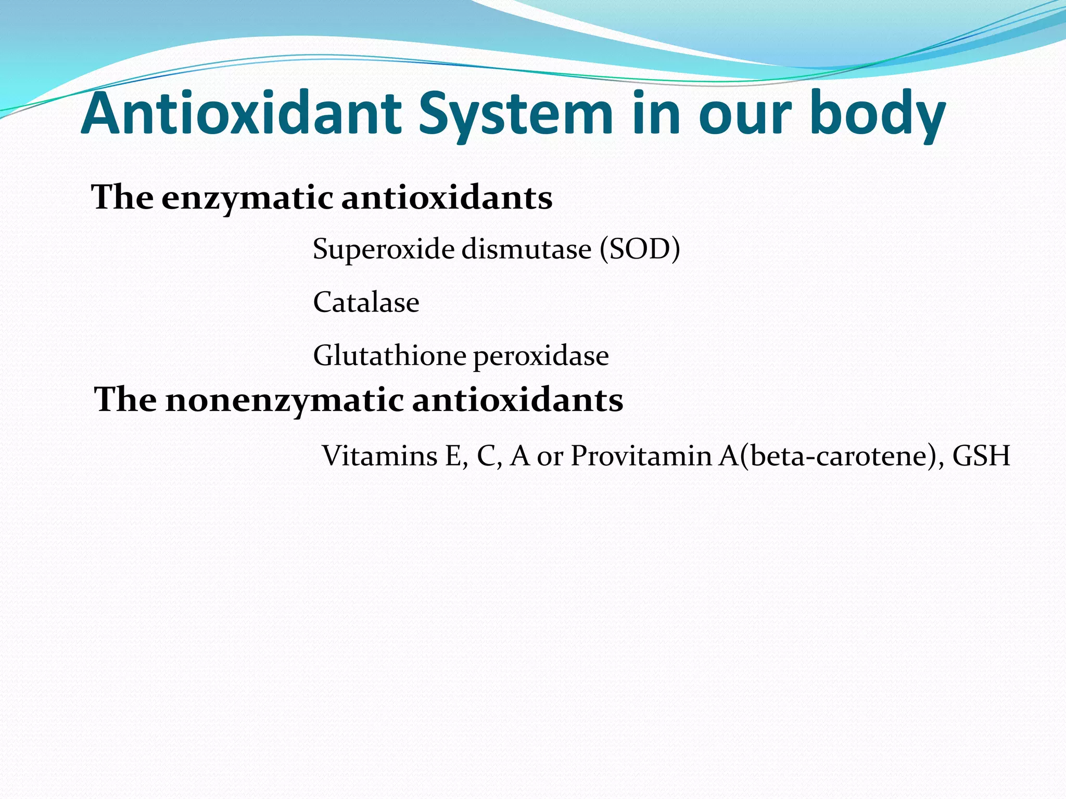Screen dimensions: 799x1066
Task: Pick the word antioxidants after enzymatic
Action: pyautogui.click(x=447, y=198)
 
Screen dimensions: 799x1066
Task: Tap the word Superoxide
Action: pyautogui.click(x=383, y=250)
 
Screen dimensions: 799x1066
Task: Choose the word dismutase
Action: pyautogui.click(x=526, y=249)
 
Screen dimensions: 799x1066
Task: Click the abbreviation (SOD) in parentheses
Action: pyautogui.click(x=640, y=249)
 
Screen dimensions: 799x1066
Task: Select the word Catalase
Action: pyautogui.click(x=366, y=302)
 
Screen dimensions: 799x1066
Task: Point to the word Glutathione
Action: pyautogui.click(x=389, y=356)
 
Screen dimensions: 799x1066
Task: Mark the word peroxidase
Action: pyautogui.click(x=541, y=357)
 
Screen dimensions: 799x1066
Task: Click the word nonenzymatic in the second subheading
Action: pyautogui.click(x=285, y=400)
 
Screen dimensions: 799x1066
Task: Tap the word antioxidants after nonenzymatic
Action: pyautogui.click(x=517, y=400)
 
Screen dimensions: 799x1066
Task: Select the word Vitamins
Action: pyautogui.click(x=380, y=456)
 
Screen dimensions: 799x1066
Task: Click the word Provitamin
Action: pyautogui.click(x=641, y=456)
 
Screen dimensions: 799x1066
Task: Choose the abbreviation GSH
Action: pyautogui.click(x=981, y=456)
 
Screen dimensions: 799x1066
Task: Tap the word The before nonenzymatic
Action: pyautogui.click(x=125, y=400)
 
